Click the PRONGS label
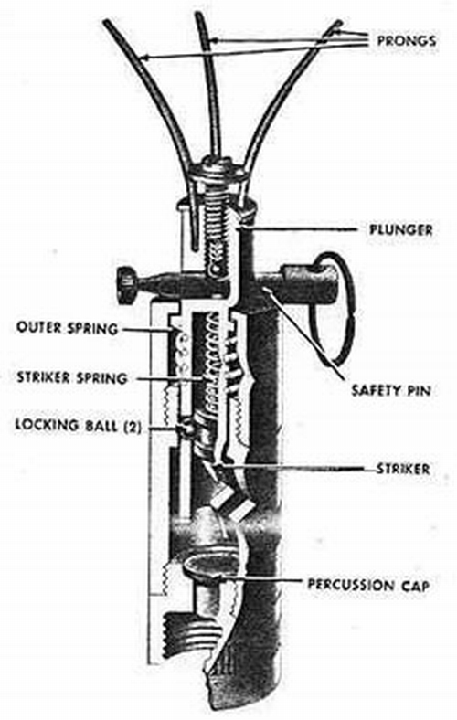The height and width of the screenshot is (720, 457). pos(407,40)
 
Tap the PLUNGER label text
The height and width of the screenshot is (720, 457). pos(401,229)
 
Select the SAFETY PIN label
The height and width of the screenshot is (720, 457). pos(391,391)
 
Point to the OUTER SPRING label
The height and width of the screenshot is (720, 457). pos(67,328)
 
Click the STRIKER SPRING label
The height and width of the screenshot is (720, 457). pos(72,378)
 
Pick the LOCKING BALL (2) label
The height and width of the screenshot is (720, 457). pos(78,425)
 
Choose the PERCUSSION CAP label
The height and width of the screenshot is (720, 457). pos(368,585)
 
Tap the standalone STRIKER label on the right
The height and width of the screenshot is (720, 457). pos(403,469)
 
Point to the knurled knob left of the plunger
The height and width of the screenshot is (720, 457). pos(126,286)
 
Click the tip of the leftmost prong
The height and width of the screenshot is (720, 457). pos(107,22)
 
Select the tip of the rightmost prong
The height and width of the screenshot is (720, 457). pos(339,23)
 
